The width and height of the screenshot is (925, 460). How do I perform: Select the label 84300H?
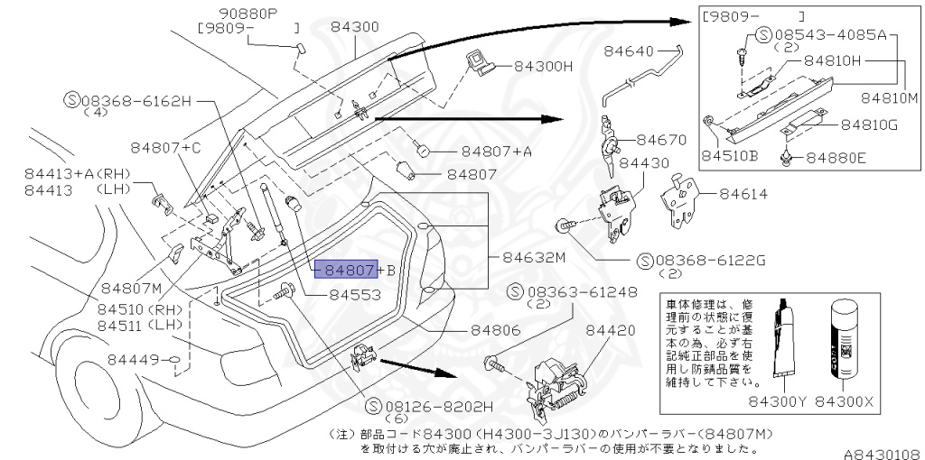click(544, 66)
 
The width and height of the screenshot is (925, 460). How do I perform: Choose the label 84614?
click(746, 193)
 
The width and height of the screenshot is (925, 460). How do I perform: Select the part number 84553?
click(354, 294)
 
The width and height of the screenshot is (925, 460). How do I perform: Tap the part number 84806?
click(496, 331)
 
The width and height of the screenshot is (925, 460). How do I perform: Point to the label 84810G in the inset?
click(869, 124)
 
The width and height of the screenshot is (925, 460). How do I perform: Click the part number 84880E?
click(836, 158)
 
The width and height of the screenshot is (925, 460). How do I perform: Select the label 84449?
click(133, 359)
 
